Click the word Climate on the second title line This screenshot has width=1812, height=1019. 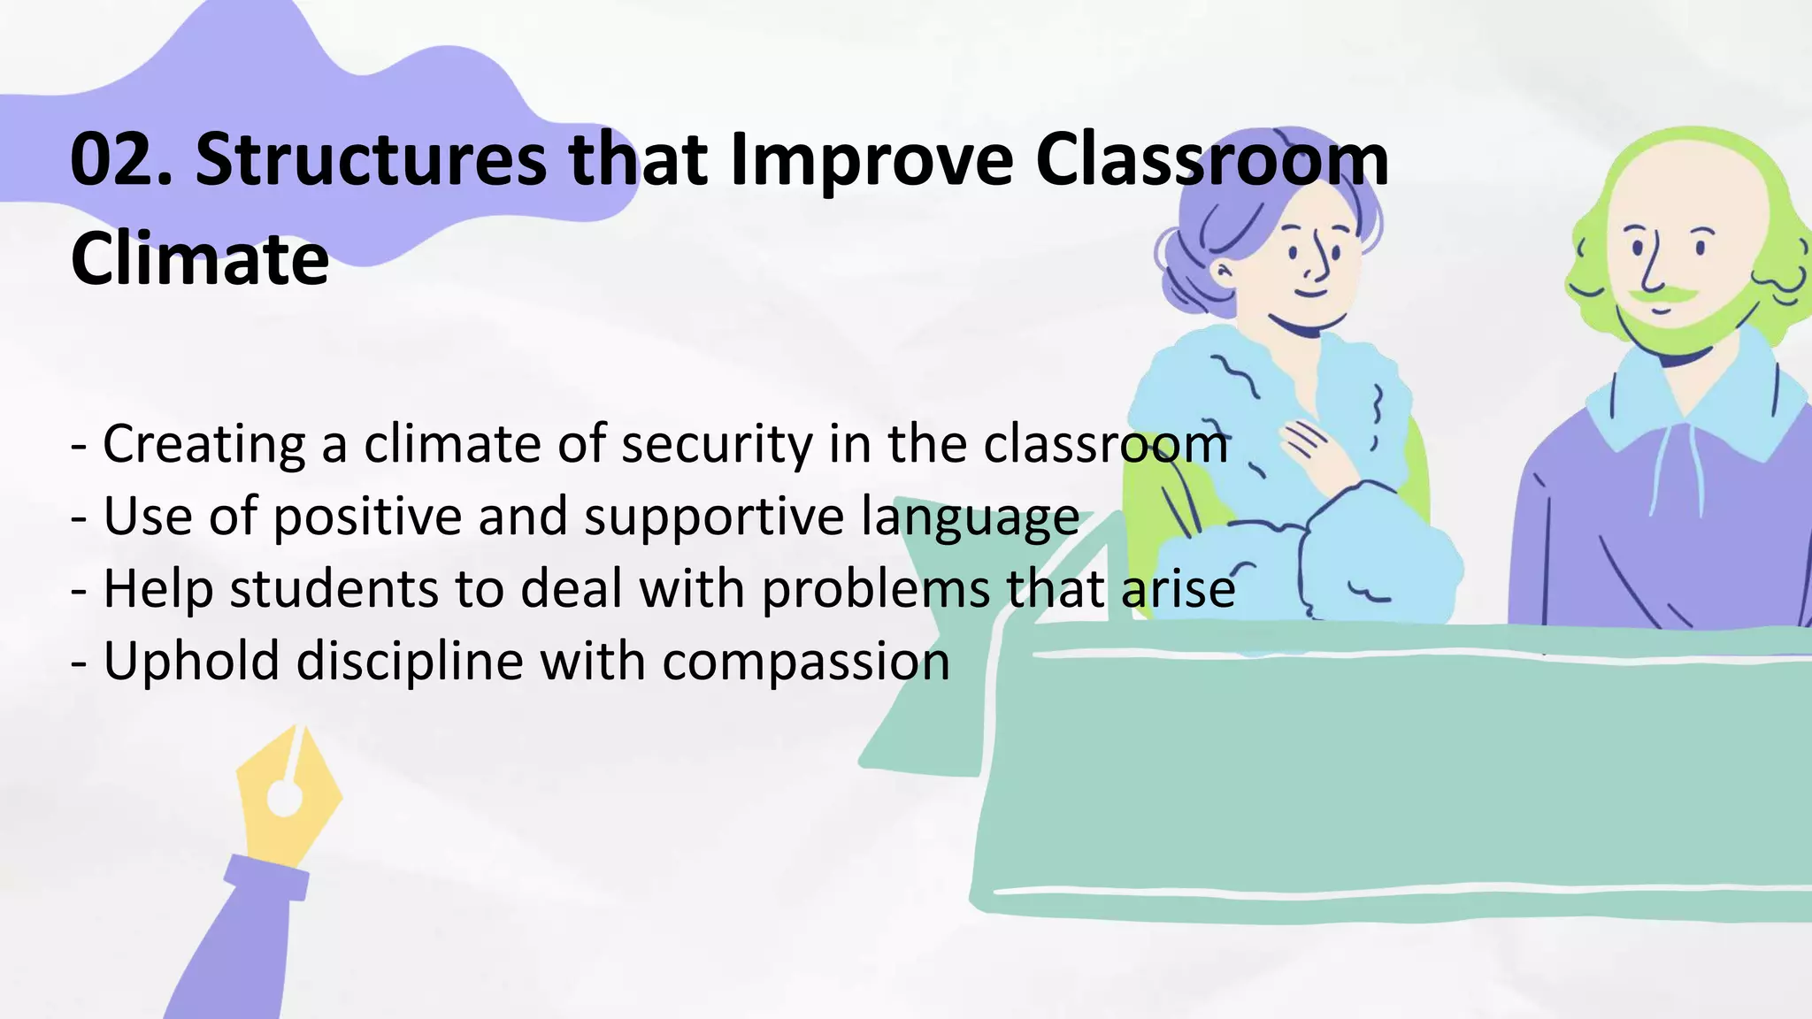200,259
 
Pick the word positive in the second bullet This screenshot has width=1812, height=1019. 367,517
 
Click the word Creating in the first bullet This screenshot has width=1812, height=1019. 203,444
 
